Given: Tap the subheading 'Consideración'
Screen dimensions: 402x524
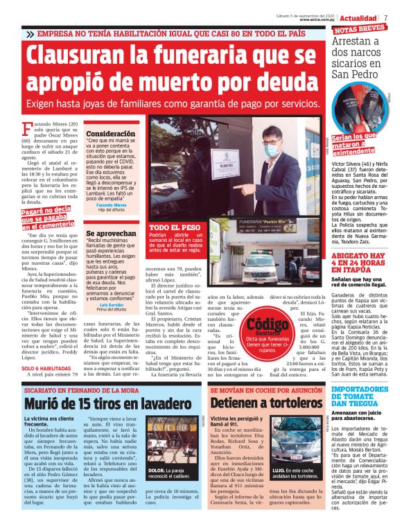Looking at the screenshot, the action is tap(111, 132).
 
